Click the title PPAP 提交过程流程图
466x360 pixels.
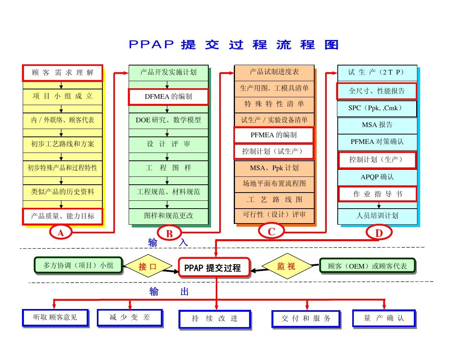233,44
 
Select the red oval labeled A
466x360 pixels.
60,233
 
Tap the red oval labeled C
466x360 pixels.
271,232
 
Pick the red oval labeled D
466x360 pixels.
379,233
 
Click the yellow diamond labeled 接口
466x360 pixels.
147,267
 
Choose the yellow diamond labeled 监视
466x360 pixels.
286,266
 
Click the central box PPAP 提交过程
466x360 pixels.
214,268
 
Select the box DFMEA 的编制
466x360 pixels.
168,97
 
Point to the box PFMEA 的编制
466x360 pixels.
274,135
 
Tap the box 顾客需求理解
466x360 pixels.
63,73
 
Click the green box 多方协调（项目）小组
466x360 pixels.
78,265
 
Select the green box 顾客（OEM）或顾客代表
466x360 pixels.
367,266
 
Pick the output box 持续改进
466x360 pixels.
215,318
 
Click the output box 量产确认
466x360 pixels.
384,318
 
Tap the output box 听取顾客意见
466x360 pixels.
55,317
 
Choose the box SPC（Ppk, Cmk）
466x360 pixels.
377,108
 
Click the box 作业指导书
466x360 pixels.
377,194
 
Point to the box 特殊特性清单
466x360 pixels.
274,104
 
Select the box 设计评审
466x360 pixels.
168,144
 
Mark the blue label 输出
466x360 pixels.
169,292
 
